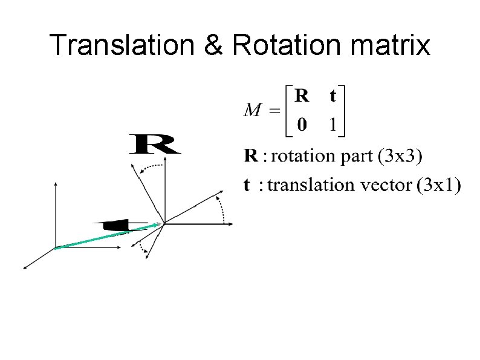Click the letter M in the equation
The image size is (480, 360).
click(253, 111)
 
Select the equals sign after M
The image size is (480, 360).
click(274, 111)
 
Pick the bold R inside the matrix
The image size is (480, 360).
click(302, 96)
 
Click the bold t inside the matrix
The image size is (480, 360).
click(332, 96)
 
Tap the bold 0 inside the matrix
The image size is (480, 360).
click(302, 125)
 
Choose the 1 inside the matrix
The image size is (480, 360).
click(332, 125)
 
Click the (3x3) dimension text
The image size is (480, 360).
click(400, 156)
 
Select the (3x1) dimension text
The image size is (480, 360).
click(438, 185)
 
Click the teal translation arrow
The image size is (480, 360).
click(109, 235)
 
